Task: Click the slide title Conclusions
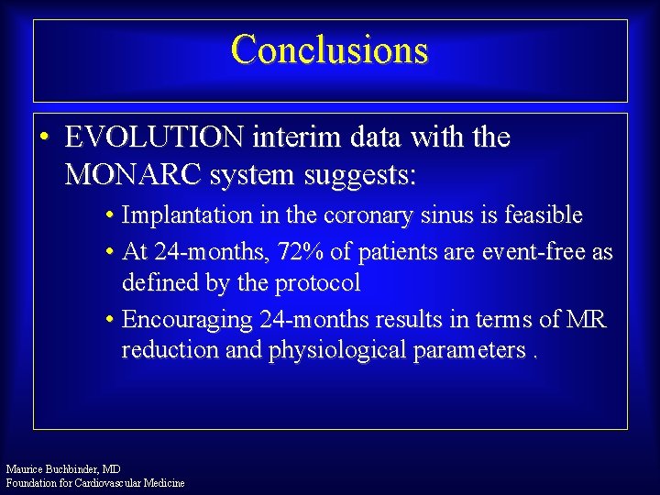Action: (329, 49)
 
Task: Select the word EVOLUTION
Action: (154, 137)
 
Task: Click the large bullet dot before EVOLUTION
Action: (44, 137)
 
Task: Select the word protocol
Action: (315, 283)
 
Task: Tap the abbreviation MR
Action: (586, 319)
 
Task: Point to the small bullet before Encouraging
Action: (108, 320)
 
